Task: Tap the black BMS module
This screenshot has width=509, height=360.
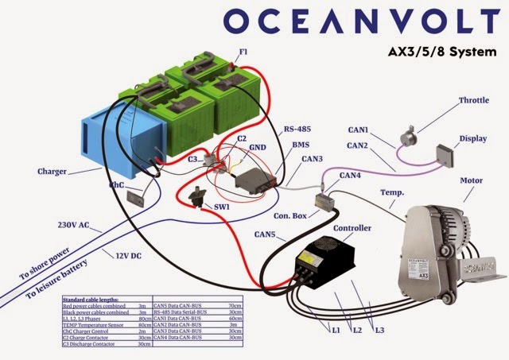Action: [x=253, y=178]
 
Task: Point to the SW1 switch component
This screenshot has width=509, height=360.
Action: [x=196, y=194]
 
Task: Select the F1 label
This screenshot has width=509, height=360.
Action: [x=244, y=52]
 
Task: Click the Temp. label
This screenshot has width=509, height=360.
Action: [x=393, y=192]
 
